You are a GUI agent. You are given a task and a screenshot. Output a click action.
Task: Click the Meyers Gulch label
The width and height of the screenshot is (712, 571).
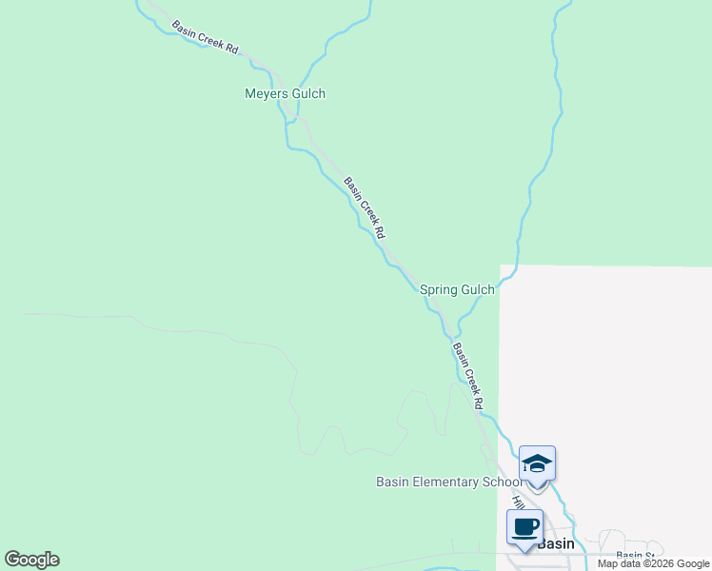(285, 93)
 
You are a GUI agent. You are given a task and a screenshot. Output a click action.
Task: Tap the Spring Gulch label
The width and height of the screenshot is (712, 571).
(457, 290)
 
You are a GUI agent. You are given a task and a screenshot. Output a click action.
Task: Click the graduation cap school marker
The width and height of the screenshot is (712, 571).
(537, 464)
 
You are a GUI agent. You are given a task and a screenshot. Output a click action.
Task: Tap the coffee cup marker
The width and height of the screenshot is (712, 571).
(524, 526)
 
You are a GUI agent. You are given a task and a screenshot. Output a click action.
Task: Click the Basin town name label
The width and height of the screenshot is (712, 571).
(556, 543)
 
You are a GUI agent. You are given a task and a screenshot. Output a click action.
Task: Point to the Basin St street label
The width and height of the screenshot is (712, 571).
(636, 555)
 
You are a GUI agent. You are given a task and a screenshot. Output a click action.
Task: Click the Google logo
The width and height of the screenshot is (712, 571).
(31, 560)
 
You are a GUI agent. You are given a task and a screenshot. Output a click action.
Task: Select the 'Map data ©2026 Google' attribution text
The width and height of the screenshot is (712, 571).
(654, 563)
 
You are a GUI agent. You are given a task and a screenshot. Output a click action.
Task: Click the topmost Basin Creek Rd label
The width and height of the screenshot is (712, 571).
(205, 36)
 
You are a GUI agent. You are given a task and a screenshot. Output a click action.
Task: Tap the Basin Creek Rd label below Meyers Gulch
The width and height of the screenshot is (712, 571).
(366, 207)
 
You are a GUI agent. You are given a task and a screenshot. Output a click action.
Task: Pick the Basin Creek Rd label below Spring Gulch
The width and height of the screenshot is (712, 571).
(468, 375)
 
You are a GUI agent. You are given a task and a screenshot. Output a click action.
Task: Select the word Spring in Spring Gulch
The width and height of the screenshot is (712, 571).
(439, 290)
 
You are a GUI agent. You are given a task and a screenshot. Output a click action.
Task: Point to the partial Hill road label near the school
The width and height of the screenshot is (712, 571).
(518, 501)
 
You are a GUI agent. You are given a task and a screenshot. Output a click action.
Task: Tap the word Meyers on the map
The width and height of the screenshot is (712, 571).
(265, 93)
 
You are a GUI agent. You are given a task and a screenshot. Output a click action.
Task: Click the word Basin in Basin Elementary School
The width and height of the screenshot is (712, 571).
(392, 482)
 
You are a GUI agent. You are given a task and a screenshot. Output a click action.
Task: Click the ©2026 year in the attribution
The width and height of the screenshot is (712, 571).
(658, 563)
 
